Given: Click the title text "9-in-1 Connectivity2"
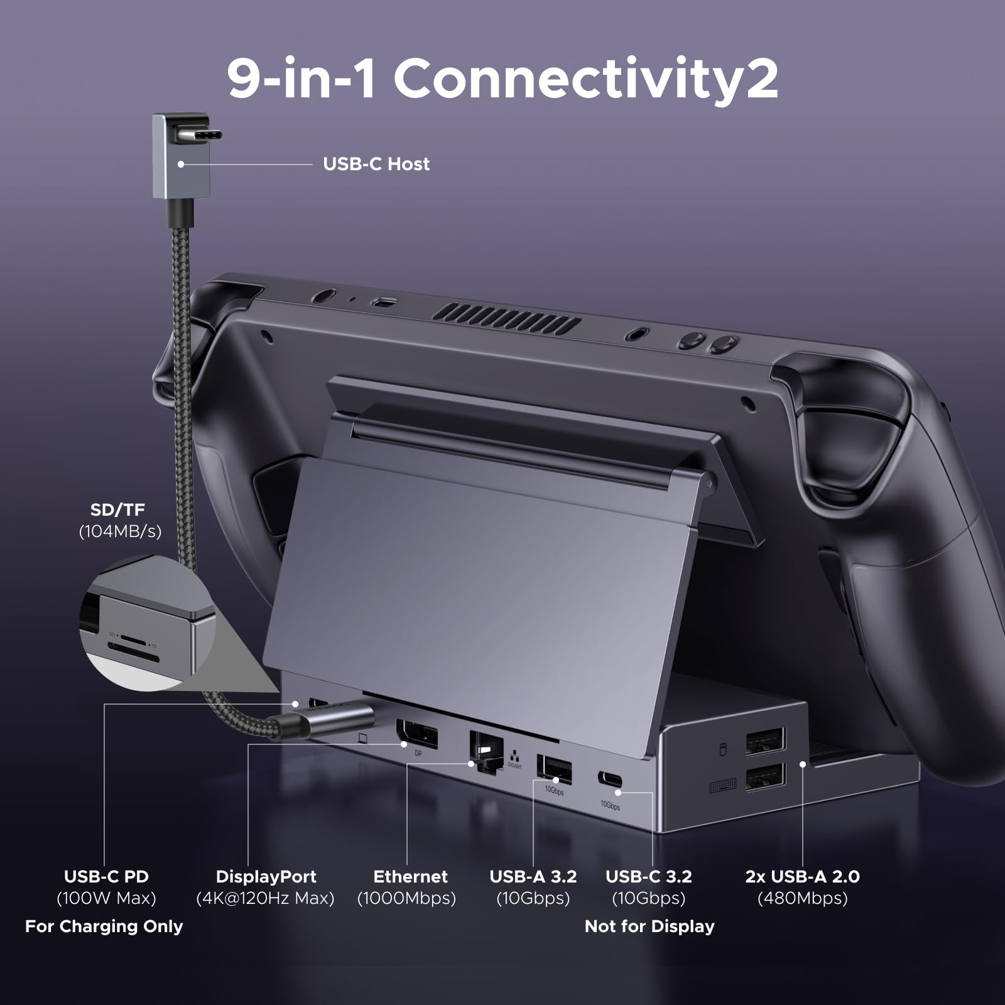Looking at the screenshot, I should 503,78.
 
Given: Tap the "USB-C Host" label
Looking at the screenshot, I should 376,164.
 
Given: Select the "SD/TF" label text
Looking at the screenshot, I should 117,509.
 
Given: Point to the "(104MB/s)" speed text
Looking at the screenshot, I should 120,531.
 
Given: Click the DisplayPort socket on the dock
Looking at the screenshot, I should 416,734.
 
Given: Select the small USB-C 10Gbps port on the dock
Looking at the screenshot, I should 611,782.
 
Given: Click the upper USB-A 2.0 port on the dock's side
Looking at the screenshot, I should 765,742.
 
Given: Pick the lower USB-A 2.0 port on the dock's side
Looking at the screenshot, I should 765,776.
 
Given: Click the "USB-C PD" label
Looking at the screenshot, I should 106,876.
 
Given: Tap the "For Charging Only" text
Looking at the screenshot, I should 104,926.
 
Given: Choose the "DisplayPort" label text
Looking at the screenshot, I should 266,876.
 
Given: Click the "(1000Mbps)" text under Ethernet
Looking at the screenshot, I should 406,898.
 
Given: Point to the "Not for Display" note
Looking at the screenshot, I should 649,926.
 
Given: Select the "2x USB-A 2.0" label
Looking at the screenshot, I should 802,876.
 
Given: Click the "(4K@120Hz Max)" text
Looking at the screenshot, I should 265,898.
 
